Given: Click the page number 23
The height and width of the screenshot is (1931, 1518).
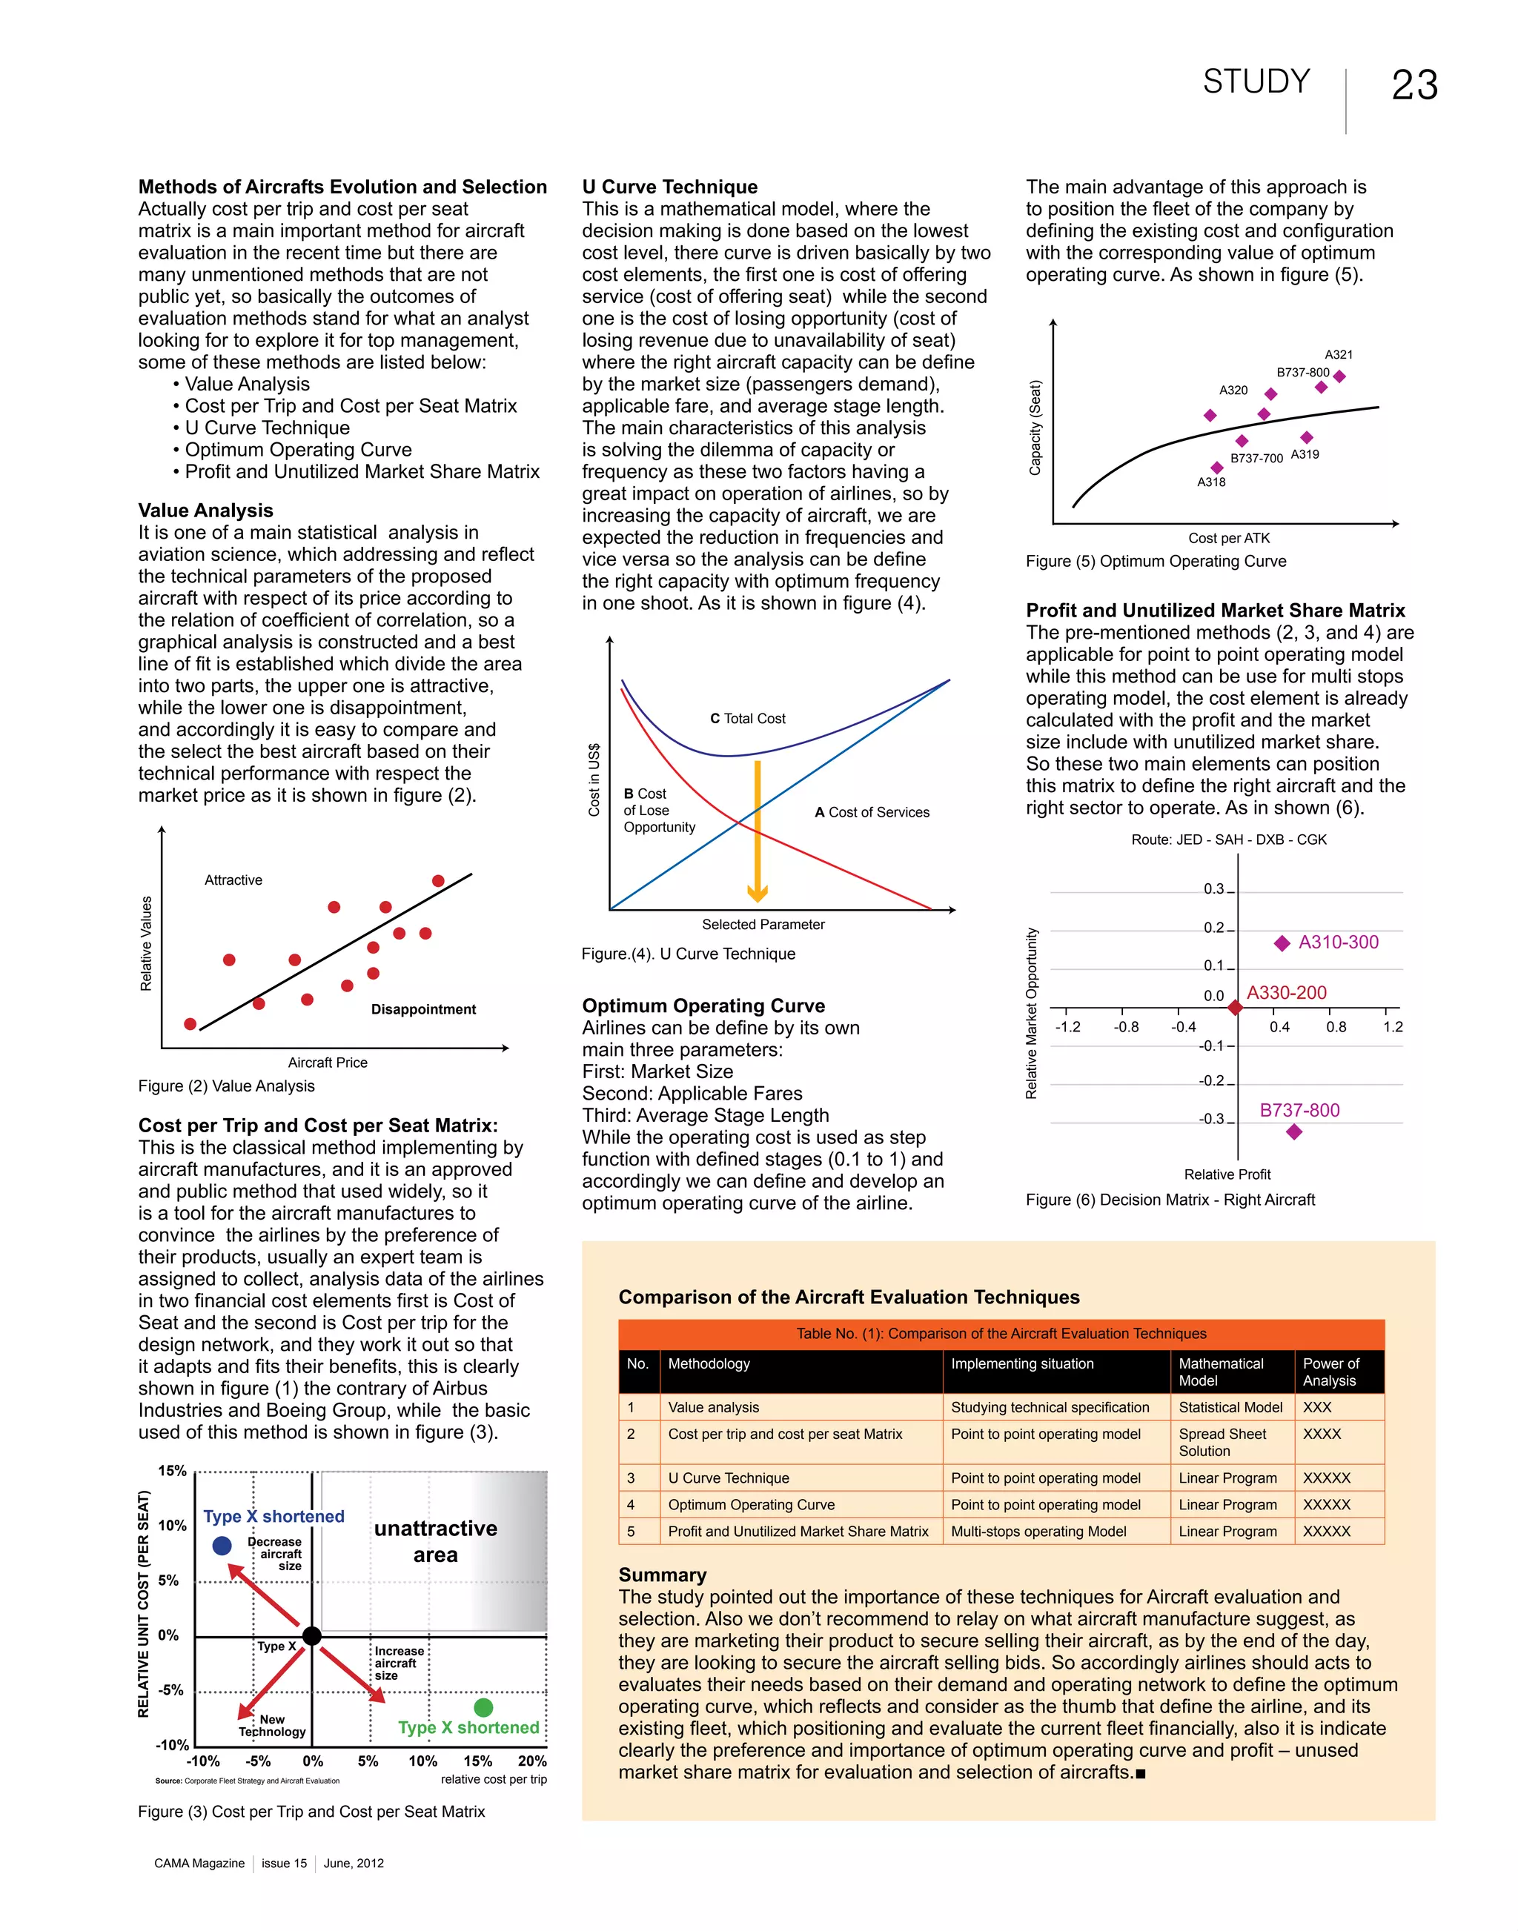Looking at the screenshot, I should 1414,86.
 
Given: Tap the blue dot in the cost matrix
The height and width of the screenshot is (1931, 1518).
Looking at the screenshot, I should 222,1546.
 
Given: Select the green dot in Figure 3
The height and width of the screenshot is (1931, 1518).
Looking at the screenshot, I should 483,1707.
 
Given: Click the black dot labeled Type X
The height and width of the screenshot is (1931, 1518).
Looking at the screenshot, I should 312,1636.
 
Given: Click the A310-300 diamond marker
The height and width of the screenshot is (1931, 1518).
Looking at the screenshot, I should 1282,943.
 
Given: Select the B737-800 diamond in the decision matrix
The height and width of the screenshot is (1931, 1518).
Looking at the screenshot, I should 1294,1131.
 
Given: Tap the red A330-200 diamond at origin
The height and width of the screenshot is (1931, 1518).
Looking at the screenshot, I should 1236,1008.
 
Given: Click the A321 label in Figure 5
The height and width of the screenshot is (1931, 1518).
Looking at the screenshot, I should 1339,355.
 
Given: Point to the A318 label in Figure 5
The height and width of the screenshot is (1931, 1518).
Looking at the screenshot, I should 1210,482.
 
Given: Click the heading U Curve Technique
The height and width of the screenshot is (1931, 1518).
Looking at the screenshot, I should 669,187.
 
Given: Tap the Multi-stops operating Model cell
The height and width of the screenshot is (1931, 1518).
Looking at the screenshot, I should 1038,1531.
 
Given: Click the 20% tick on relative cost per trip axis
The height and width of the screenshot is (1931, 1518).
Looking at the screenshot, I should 532,1761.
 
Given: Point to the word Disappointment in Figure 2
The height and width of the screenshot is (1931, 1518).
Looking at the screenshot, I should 423,1009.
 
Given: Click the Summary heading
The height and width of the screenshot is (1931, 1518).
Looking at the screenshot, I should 662,1575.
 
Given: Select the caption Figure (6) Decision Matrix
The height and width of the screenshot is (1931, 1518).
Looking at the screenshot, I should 1170,1200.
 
